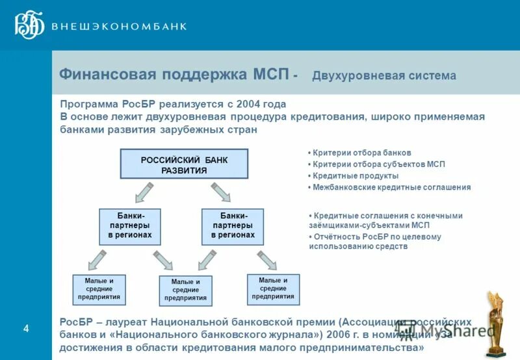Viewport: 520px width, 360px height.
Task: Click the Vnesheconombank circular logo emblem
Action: coord(29,25)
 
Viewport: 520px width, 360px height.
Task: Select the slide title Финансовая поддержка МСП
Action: coord(174,74)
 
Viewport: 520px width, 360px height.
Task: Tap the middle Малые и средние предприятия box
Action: coord(185,290)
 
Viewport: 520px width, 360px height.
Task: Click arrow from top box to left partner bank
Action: coord(143,192)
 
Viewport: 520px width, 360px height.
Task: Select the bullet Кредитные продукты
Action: coord(355,175)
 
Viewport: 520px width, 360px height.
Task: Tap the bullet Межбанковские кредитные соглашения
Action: coord(391,187)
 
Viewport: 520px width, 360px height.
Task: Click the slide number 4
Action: coord(26,329)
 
